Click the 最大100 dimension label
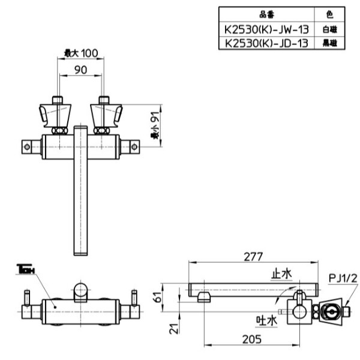click(x=80, y=53)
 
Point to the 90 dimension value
click(x=80, y=70)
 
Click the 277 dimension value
click(x=253, y=257)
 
